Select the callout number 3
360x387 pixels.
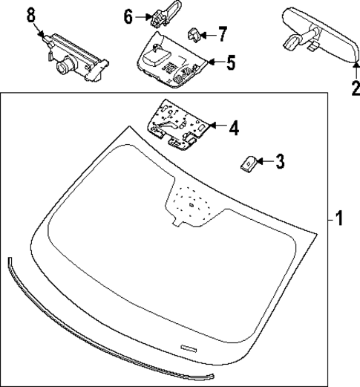279,160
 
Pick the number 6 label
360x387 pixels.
127,16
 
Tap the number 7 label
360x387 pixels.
222,33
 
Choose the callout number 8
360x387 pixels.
30,14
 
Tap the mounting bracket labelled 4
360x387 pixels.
177,123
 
